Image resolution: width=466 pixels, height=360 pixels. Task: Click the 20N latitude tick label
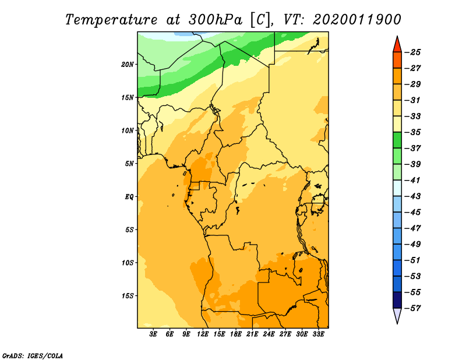pos(128,65)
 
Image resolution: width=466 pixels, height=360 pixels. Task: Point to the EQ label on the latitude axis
pos(129,197)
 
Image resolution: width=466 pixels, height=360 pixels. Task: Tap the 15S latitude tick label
pos(128,296)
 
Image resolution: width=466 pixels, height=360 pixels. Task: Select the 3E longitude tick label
pos(153,334)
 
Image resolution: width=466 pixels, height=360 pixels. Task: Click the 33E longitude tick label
pos(318,334)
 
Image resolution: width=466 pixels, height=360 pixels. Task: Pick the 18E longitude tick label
pos(236,334)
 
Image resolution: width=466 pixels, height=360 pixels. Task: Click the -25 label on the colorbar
pos(412,52)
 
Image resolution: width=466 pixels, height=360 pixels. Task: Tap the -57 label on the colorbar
pos(412,308)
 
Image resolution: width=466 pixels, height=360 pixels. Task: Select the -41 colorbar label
pos(412,180)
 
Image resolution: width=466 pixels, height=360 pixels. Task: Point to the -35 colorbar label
pos(412,132)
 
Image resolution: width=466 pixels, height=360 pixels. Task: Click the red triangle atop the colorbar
pos(397,45)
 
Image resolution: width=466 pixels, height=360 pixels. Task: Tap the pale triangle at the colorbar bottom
pos(397,315)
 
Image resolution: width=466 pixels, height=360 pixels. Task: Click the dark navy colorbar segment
pos(397,300)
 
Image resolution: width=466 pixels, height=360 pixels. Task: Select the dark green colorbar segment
pos(397,140)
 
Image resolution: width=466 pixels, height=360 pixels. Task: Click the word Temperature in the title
pos(111,20)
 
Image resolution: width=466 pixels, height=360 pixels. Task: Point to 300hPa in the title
pos(216,20)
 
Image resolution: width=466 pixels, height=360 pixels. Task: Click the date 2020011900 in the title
pos(356,20)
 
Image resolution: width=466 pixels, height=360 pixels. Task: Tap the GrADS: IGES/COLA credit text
pos(33,356)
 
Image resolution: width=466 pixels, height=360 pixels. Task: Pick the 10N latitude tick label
pos(128,130)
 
